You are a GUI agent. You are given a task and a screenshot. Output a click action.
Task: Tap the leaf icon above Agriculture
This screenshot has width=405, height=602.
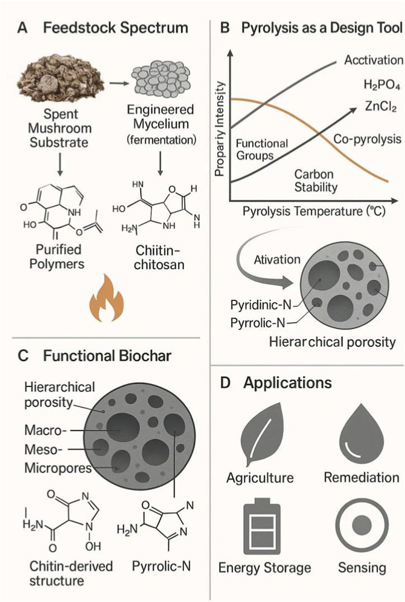[259, 435]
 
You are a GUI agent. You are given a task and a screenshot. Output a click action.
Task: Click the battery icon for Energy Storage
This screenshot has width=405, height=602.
[259, 524]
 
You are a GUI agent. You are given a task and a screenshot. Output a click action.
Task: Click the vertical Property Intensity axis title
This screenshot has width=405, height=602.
[220, 129]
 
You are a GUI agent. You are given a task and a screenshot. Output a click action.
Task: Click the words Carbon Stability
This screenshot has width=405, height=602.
[315, 179]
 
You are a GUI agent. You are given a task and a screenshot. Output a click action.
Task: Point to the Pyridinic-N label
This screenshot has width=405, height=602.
[262, 305]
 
